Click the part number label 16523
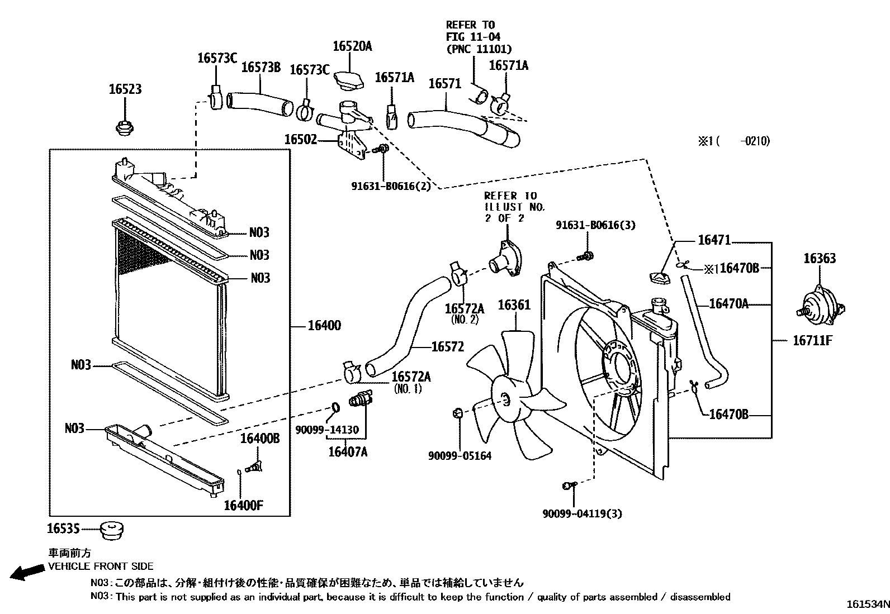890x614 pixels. tap(125, 89)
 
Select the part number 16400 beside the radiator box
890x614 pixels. tap(324, 326)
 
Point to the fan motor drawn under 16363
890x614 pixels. tap(819, 309)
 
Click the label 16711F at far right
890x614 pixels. tap(812, 340)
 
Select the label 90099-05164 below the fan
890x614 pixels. tap(460, 456)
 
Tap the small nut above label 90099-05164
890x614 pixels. tap(457, 413)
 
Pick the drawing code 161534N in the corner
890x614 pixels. tap(867, 605)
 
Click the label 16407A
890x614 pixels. tap(348, 452)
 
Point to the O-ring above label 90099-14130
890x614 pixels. tap(335, 407)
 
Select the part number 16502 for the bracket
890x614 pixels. tap(300, 140)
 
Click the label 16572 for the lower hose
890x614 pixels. tap(447, 347)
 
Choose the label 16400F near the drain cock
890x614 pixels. tap(243, 506)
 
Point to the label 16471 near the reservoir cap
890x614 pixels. tap(714, 240)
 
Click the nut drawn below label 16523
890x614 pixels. tap(124, 128)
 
